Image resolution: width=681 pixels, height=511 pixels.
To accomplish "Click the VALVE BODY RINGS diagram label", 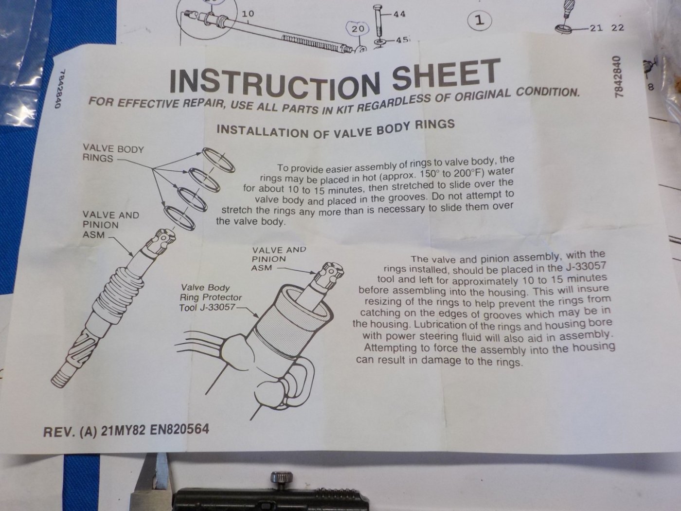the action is [113, 154].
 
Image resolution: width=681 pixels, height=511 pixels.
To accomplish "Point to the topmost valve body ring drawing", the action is [218, 160].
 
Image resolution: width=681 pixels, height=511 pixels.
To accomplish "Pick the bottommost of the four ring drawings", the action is [179, 218].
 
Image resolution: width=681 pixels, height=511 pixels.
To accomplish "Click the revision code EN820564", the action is [179, 430].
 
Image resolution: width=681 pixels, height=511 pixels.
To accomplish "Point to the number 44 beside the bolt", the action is [399, 14].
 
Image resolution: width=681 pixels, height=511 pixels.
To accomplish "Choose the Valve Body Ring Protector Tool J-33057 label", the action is [211, 297].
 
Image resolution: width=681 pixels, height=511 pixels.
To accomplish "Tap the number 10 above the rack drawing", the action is [248, 14].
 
